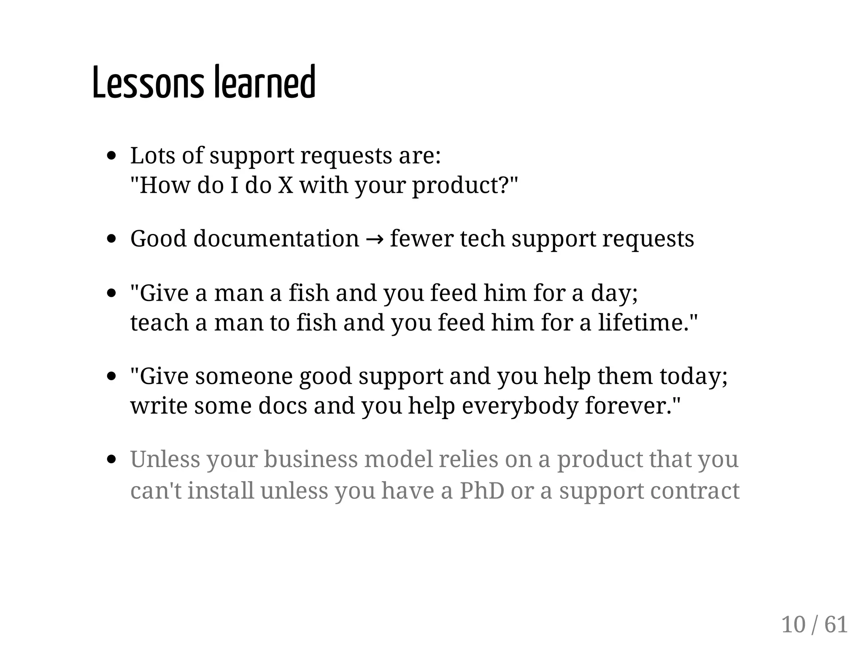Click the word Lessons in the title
(147, 83)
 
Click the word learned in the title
(265, 83)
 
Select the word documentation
(276, 239)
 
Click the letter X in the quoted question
(285, 185)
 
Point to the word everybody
(520, 406)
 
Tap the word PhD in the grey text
(482, 491)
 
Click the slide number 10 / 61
(814, 624)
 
